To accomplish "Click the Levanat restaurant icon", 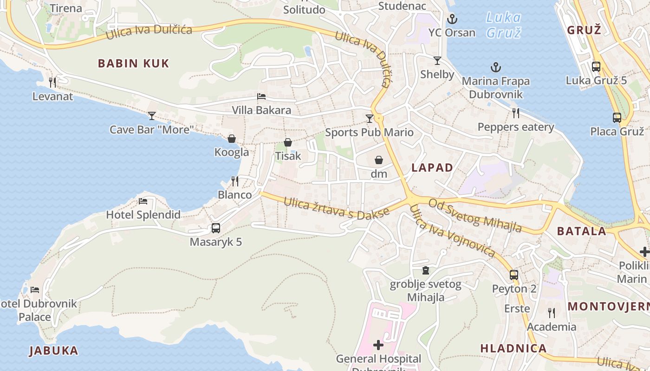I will pos(52,83).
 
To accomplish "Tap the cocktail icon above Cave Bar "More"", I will pos(152,115).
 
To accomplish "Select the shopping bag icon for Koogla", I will pos(232,139).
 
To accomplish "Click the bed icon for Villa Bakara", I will pos(261,96).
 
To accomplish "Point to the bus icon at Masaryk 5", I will pos(216,228).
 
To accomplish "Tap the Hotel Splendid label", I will pos(143,215).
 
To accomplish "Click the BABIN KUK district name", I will pos(133,64).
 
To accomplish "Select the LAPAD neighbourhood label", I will pos(432,168).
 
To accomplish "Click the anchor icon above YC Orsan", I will pos(452,19).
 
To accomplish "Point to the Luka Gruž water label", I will pos(503,25).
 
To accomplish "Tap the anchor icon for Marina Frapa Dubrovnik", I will pos(496,68).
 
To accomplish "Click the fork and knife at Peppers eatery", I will pos(515,113).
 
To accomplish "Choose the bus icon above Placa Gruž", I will pos(617,118).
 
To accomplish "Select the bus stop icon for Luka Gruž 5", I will pos(596,67).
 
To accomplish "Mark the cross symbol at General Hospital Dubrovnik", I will pos(378,345).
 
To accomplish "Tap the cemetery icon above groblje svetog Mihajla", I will pos(426,270).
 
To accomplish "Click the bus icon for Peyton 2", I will pos(514,275).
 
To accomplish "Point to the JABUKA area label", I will pos(54,351).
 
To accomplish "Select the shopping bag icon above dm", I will pos(379,160).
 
